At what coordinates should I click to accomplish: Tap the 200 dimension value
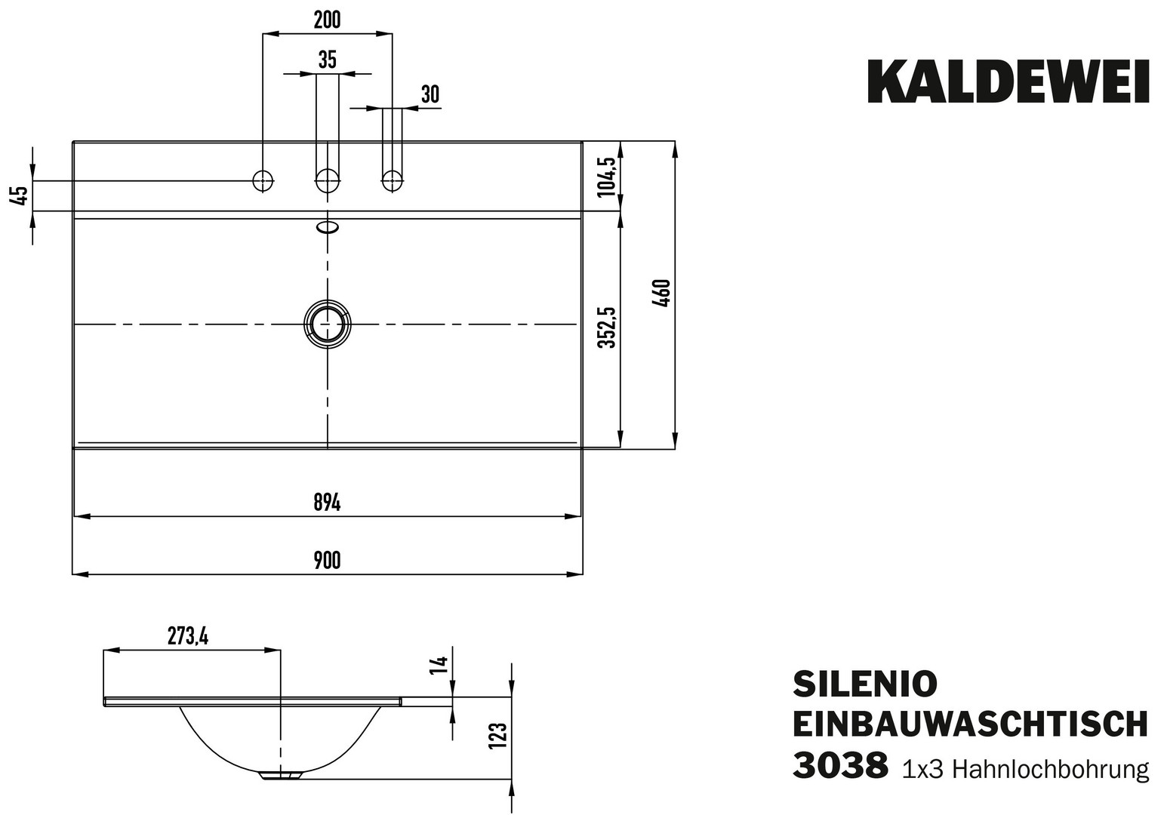(x=327, y=20)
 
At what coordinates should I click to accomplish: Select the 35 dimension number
(x=327, y=60)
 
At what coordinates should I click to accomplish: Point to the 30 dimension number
(x=430, y=94)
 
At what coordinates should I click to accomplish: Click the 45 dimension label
(x=20, y=195)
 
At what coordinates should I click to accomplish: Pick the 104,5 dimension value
(x=608, y=176)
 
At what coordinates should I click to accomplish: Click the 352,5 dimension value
(x=608, y=327)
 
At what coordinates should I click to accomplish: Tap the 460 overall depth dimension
(x=662, y=293)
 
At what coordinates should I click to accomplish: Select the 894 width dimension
(x=327, y=503)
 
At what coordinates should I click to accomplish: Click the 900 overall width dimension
(x=327, y=561)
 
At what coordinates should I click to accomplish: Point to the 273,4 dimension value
(x=188, y=637)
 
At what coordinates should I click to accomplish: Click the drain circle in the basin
(x=327, y=324)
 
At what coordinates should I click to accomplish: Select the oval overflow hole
(x=328, y=226)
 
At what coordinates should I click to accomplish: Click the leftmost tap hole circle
(x=263, y=180)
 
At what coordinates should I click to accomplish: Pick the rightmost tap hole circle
(x=391, y=180)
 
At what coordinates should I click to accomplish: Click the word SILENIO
(x=864, y=683)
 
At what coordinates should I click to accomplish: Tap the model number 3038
(x=839, y=766)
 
